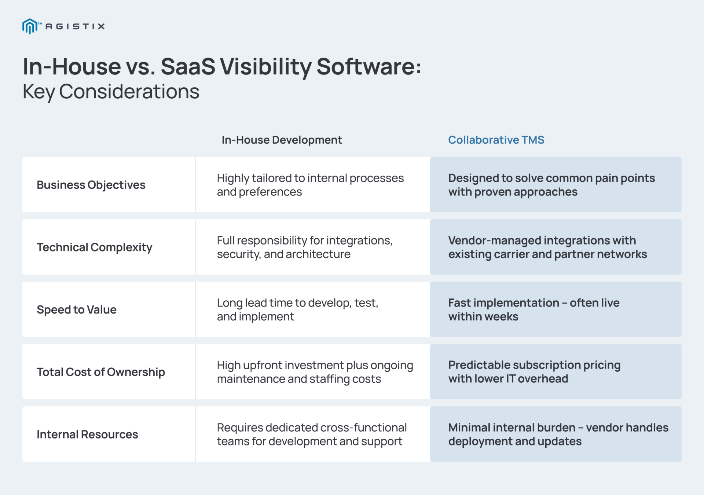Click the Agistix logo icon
coord(30,26)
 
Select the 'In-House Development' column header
coord(282,140)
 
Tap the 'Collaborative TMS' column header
coord(496,140)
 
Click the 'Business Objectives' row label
coord(91,185)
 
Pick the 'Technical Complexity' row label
coord(94,247)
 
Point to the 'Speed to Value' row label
coord(77,310)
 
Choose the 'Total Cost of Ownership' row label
coord(101,372)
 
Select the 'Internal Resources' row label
coord(87,434)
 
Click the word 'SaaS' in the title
coord(188,67)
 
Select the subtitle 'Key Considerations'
coord(111,92)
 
